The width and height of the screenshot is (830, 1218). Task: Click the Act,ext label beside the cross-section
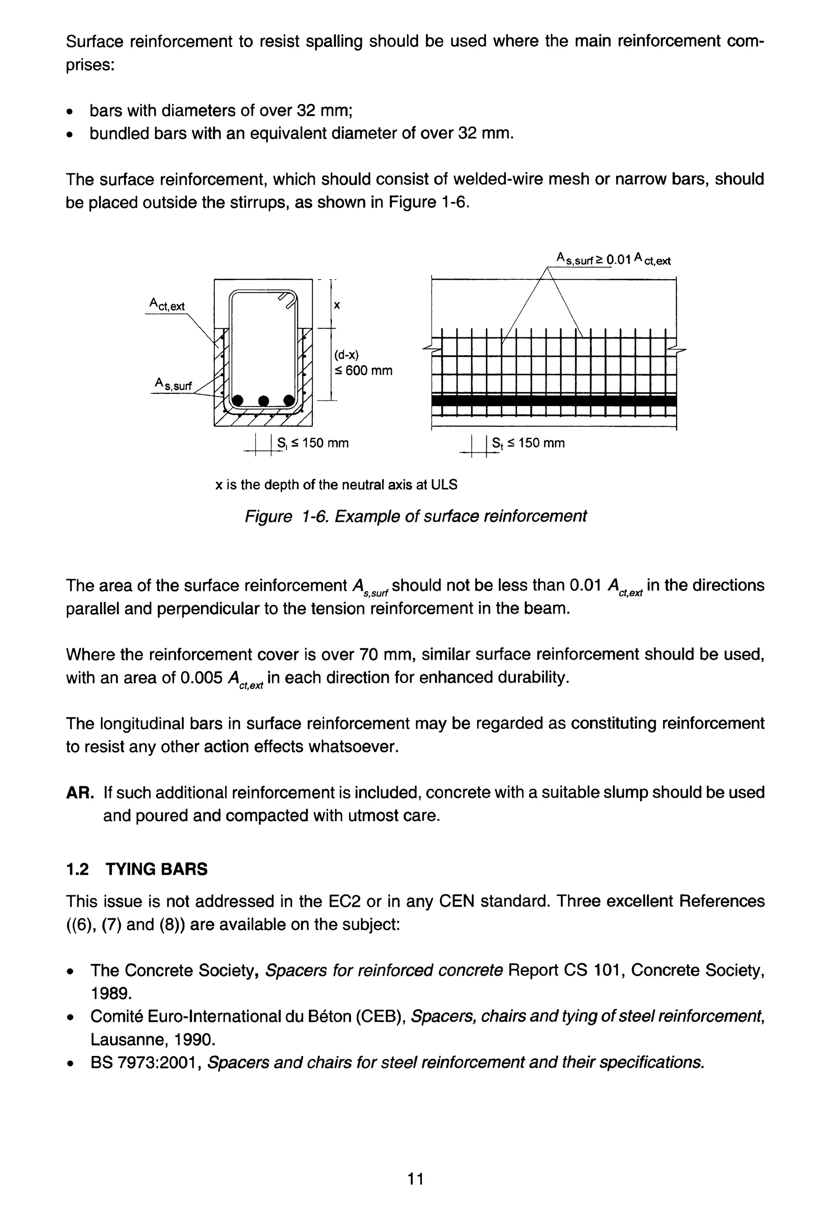pyautogui.click(x=167, y=304)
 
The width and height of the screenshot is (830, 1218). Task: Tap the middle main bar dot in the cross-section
pyautogui.click(x=263, y=401)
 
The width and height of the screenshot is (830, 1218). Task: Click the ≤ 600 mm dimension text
pyautogui.click(x=363, y=371)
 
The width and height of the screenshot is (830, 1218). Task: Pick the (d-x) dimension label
pyautogui.click(x=346, y=355)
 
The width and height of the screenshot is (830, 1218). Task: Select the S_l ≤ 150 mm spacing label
pyautogui.click(x=313, y=443)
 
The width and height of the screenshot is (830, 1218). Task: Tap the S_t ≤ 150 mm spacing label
pyautogui.click(x=528, y=443)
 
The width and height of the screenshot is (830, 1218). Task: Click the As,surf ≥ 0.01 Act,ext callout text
pyautogui.click(x=613, y=259)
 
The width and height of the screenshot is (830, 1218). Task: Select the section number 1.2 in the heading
pyautogui.click(x=77, y=869)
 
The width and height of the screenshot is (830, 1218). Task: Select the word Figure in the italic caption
pyautogui.click(x=268, y=516)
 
